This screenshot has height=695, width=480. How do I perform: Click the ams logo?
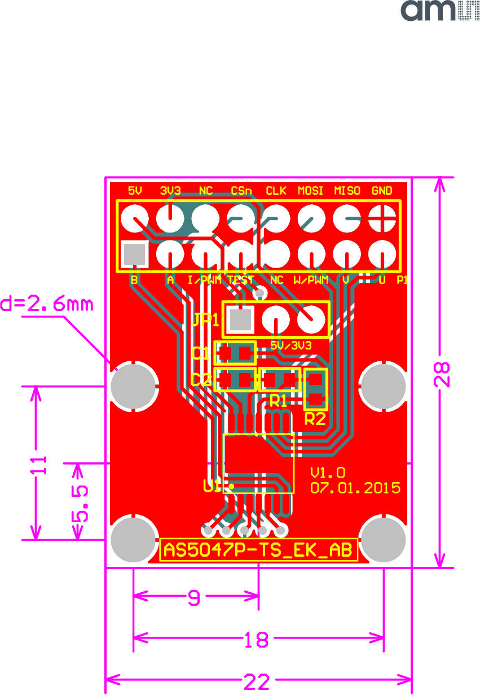pyautogui.click(x=440, y=11)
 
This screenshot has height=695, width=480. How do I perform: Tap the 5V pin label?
pyautogui.click(x=135, y=190)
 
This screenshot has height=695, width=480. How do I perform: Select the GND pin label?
pyautogui.click(x=382, y=190)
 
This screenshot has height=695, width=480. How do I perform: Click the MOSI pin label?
pyautogui.click(x=310, y=190)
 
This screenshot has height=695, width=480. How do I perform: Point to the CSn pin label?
pyautogui.click(x=241, y=190)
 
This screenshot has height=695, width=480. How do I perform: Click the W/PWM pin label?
pyautogui.click(x=310, y=280)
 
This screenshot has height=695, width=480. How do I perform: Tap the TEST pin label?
pyautogui.click(x=241, y=280)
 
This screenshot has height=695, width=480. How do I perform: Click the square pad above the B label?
pyautogui.click(x=134, y=254)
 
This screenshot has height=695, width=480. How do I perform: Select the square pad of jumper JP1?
pyautogui.click(x=240, y=320)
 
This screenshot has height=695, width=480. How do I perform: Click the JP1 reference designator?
pyautogui.click(x=205, y=320)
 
